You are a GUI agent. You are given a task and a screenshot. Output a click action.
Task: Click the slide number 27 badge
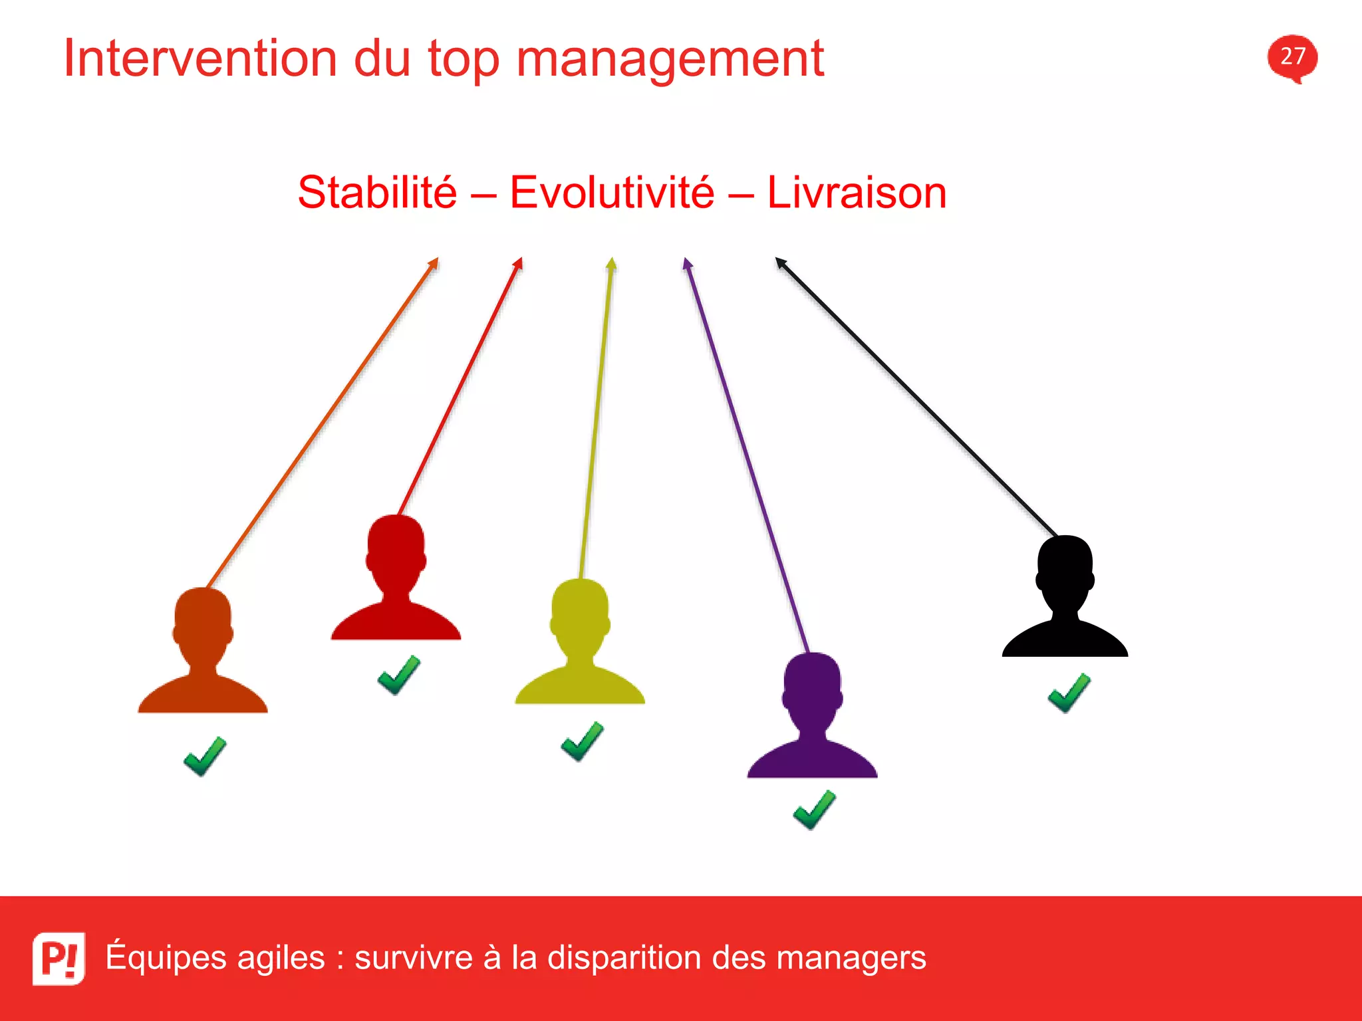[1292, 57]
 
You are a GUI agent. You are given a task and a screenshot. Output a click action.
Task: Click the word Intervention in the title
[200, 58]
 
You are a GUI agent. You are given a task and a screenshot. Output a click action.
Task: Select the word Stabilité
[377, 193]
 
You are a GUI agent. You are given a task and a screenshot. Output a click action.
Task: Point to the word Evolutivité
[612, 193]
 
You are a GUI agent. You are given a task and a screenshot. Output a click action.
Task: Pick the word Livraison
[857, 193]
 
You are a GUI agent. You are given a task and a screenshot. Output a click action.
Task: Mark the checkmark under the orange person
[205, 756]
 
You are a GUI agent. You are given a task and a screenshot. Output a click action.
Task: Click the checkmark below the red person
[398, 675]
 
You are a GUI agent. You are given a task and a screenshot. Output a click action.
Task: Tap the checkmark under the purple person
[814, 810]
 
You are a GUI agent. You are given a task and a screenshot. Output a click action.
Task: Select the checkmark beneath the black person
[1069, 693]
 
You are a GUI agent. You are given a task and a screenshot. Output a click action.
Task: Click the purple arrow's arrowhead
[687, 264]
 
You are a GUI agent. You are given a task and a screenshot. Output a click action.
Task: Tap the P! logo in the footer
[59, 958]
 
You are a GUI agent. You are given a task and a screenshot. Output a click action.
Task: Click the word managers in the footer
[851, 958]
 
